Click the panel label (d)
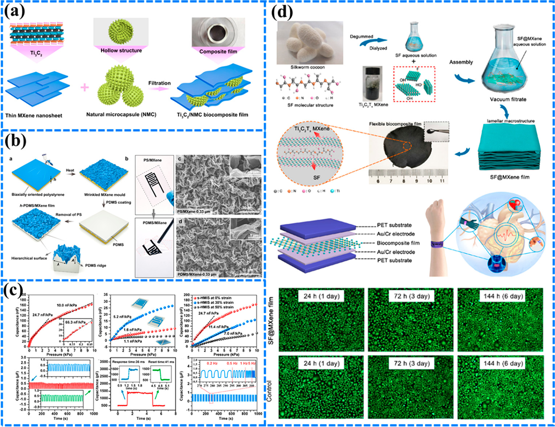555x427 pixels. click(x=282, y=13)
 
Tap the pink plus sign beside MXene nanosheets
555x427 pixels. click(x=85, y=87)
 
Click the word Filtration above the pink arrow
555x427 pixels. click(x=159, y=83)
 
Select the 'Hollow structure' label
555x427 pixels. click(x=121, y=50)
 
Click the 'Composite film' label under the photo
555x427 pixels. click(x=218, y=51)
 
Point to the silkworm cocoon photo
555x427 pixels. click(x=310, y=43)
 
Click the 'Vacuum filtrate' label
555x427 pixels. click(x=508, y=99)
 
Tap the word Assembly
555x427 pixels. click(x=461, y=62)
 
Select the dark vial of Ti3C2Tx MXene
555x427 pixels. click(x=373, y=83)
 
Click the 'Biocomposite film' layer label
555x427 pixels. click(x=398, y=243)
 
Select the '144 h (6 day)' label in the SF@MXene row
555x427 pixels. click(x=503, y=296)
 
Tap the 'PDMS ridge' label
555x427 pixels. click(x=95, y=266)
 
